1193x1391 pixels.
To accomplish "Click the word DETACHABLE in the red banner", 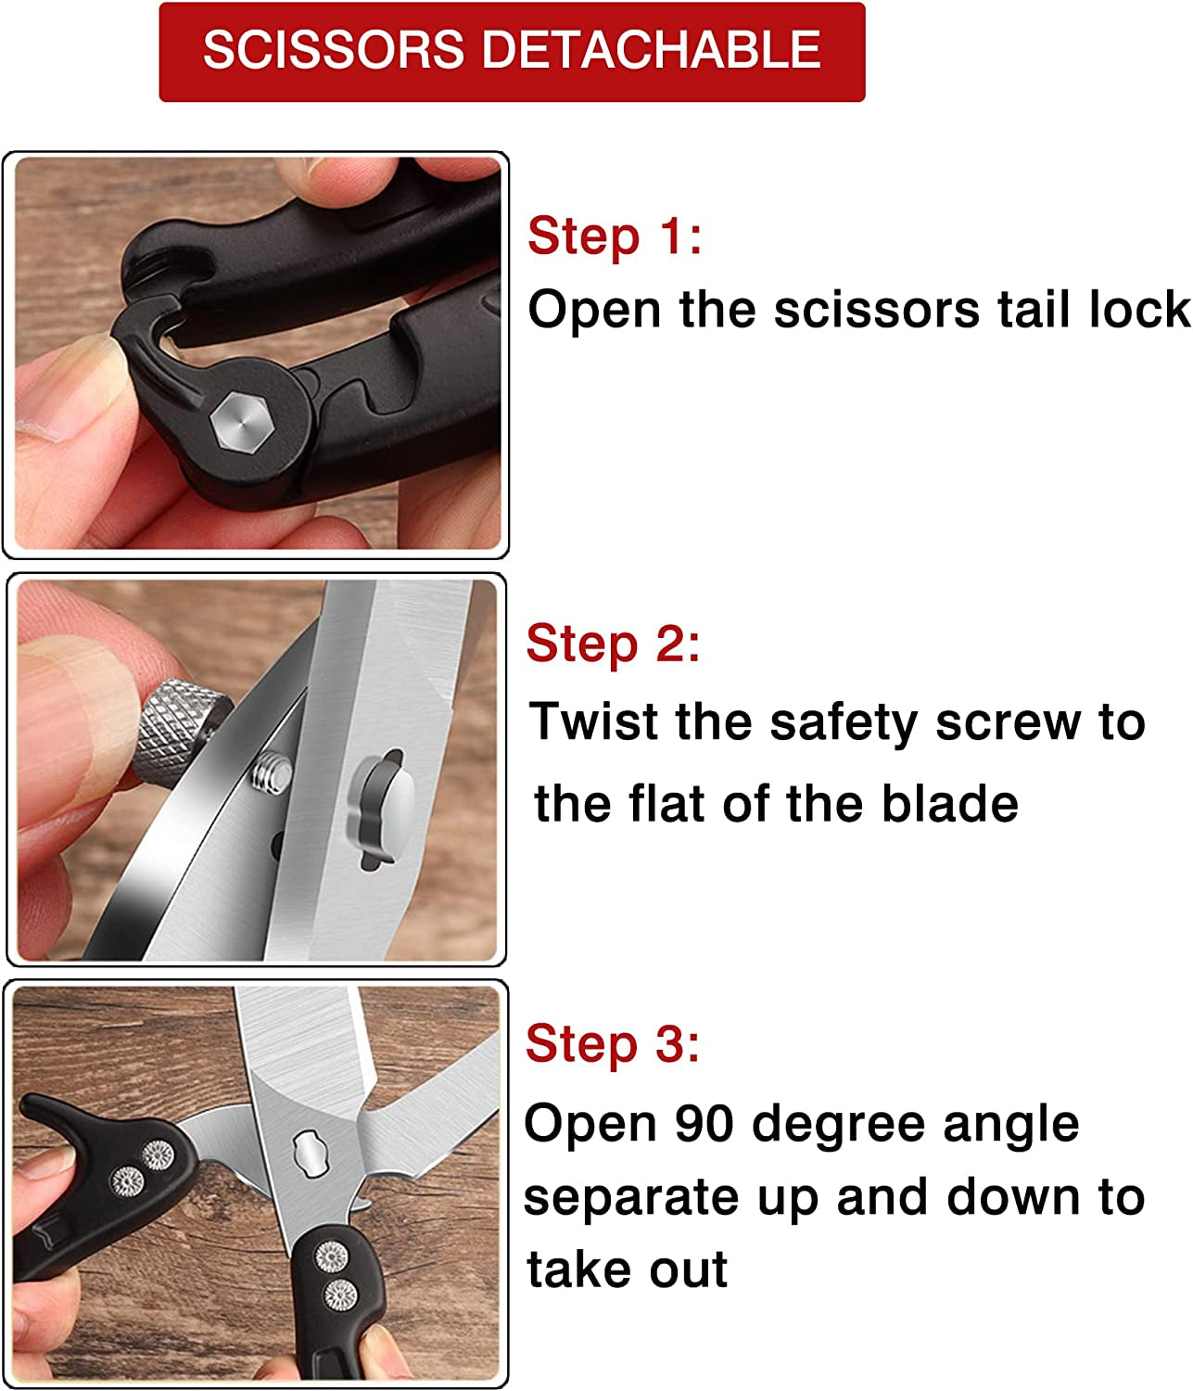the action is (x=651, y=49).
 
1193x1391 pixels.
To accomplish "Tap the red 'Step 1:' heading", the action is (x=615, y=236).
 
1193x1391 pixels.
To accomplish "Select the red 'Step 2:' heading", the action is (x=613, y=643).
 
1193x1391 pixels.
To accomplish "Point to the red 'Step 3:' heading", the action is (x=613, y=1043).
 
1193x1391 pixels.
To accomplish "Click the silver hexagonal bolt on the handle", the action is (x=241, y=422).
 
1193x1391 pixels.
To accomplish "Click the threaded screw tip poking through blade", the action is (x=272, y=772).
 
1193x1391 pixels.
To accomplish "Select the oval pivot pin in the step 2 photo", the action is (x=384, y=807).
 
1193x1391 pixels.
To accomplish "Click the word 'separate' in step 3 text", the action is (x=631, y=1199).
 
